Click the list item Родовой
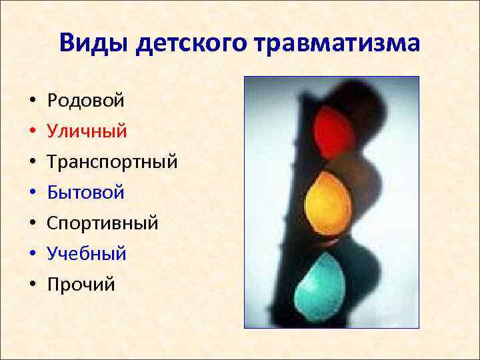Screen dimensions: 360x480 coord(86,101)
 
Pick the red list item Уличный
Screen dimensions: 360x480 coord(87,131)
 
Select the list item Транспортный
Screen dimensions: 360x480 coord(112,162)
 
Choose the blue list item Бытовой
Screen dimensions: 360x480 coord(86,193)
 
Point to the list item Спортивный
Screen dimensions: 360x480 coord(103,223)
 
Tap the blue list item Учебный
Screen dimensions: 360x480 coord(87,254)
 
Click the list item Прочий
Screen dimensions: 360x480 coord(81,285)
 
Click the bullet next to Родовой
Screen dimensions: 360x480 coord(32,102)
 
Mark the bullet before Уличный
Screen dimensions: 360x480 coord(32,133)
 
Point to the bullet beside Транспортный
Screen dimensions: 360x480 coord(32,163)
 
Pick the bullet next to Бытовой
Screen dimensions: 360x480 coord(32,194)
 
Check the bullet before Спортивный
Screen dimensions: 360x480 coord(32,225)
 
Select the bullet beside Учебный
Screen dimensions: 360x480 coord(32,255)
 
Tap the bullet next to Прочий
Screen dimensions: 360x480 coord(32,286)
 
